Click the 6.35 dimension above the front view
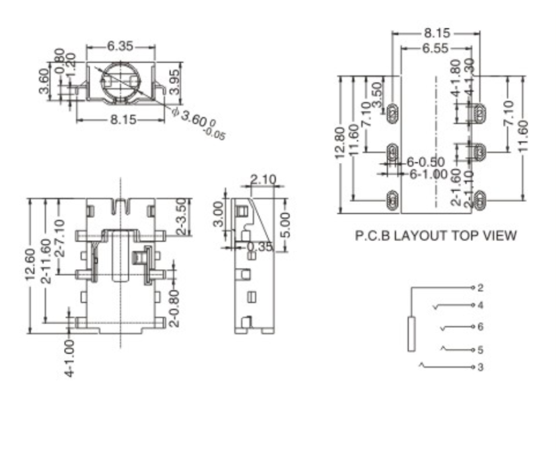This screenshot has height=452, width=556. pyautogui.click(x=120, y=46)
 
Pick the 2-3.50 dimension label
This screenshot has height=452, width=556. pyautogui.click(x=180, y=217)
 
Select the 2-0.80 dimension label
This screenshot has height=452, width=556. pyautogui.click(x=174, y=306)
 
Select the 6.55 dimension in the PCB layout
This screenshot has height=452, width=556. pyautogui.click(x=436, y=48)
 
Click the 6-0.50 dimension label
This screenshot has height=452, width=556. pyautogui.click(x=426, y=162)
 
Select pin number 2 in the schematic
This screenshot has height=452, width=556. pyautogui.click(x=480, y=288)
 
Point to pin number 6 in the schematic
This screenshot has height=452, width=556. pyautogui.click(x=480, y=327)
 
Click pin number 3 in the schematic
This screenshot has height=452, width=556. pyautogui.click(x=480, y=366)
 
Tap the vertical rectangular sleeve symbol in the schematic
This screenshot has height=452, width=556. pyautogui.click(x=411, y=334)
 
